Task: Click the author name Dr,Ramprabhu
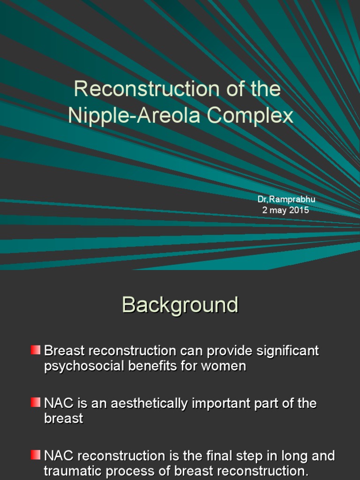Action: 286,199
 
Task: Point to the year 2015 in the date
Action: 299,210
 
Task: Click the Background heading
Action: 180,305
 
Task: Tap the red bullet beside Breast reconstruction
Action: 36,350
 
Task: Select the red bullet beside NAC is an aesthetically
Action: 36,402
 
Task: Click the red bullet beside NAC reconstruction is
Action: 36,455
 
